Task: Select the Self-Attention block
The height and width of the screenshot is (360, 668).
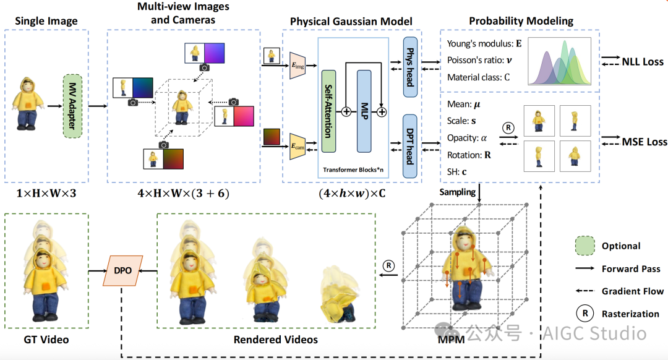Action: (328, 111)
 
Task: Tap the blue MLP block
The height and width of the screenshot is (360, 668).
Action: (364, 111)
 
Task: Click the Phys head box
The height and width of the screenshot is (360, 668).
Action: (409, 67)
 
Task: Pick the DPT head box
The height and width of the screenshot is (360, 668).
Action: (409, 146)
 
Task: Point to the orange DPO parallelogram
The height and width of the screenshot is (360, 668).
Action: (122, 270)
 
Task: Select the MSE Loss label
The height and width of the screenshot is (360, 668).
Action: (644, 142)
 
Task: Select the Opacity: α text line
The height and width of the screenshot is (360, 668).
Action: (467, 138)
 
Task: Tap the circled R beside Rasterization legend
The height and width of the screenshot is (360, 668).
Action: (583, 314)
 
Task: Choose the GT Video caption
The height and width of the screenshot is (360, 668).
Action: (46, 340)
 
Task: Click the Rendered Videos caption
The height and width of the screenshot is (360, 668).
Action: (276, 340)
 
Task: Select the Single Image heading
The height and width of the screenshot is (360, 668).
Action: (46, 21)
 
